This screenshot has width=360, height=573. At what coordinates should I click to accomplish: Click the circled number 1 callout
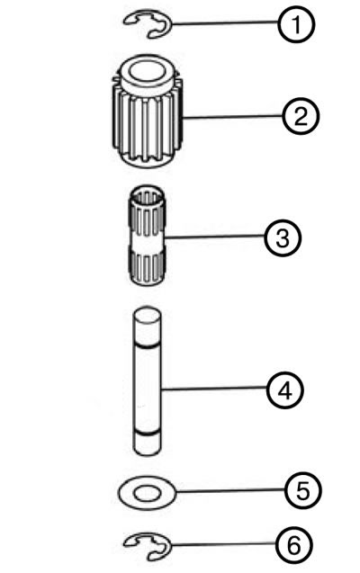click(296, 24)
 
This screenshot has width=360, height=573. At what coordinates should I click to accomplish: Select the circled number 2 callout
click(301, 117)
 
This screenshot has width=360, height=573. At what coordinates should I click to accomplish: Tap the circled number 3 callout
click(283, 237)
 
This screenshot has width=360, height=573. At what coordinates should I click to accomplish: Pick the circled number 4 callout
click(284, 390)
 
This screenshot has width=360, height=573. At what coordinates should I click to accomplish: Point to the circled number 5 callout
click(303, 491)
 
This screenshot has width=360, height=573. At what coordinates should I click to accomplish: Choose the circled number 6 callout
click(294, 545)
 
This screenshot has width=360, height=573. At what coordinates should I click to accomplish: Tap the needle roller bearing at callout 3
click(147, 236)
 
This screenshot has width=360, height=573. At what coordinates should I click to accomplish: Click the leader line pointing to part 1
click(224, 23)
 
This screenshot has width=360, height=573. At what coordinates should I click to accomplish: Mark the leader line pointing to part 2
click(232, 117)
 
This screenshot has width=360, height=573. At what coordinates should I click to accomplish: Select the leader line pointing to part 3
click(215, 237)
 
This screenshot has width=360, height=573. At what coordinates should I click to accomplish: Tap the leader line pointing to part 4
click(214, 389)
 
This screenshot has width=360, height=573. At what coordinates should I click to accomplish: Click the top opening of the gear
click(146, 71)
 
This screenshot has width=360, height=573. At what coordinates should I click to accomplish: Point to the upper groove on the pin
click(146, 345)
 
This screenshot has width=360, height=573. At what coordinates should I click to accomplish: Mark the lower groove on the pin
click(146, 434)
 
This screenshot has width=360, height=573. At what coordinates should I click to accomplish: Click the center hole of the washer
click(147, 494)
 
